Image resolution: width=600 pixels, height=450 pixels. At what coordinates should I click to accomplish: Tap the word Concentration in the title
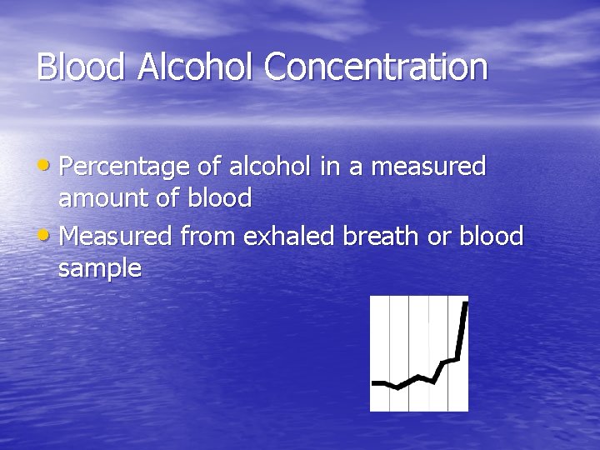[x=376, y=67]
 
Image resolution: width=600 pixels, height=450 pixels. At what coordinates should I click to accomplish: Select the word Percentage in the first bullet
[x=126, y=167]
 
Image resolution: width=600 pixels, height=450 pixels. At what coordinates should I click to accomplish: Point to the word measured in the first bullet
[x=428, y=167]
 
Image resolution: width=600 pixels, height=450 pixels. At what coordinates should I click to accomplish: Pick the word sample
[x=100, y=269]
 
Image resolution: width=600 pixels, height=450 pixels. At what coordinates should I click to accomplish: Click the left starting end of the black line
[x=373, y=383]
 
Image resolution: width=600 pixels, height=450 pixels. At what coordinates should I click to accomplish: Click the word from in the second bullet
[x=208, y=237]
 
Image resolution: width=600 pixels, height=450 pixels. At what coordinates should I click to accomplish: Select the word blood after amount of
[x=220, y=198]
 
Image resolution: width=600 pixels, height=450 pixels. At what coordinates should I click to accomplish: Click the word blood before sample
[x=490, y=237]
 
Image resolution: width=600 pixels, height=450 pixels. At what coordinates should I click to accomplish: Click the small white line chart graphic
[x=419, y=353]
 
